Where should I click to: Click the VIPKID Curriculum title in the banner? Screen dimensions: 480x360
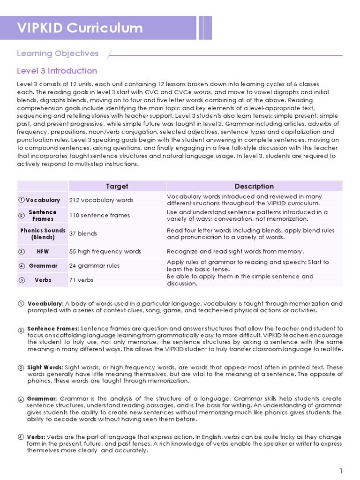point(80,28)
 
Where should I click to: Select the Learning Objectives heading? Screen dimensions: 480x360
point(58,53)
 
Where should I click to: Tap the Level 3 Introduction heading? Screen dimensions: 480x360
point(57,71)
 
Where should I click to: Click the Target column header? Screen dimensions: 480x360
point(117,186)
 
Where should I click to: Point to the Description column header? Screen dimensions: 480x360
point(254,186)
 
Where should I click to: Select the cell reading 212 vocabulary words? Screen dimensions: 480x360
point(101,200)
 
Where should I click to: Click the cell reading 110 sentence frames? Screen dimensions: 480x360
point(99,216)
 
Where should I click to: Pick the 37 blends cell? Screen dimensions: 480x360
point(83,233)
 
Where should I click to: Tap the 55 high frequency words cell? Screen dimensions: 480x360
point(105,251)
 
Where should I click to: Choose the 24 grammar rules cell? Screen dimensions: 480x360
point(94,266)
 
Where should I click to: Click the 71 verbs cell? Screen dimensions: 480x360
point(81,280)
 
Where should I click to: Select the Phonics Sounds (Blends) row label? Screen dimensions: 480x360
point(43,233)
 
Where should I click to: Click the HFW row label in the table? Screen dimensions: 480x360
point(43,251)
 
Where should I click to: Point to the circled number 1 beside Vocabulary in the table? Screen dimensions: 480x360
point(22,200)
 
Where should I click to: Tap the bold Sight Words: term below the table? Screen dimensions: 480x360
point(45,367)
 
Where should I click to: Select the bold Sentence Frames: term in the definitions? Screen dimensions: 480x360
point(53,329)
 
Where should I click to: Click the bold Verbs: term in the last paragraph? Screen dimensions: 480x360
point(36,436)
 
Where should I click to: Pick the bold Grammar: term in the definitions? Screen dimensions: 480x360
point(42,398)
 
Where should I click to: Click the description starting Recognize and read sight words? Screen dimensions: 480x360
point(235,251)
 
